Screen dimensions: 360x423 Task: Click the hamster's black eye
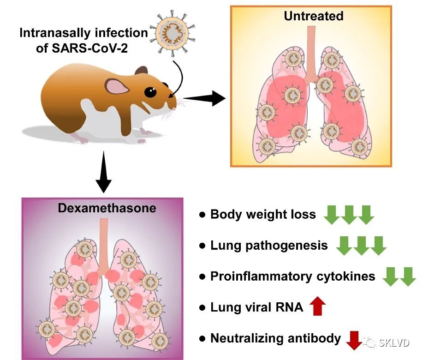[150, 92]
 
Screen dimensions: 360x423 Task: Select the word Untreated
[313, 16]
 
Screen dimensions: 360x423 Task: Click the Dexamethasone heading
[107, 208]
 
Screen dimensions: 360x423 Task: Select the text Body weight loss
[263, 214]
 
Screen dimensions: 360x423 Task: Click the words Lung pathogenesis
[269, 245]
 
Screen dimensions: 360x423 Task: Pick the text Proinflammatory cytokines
[293, 276]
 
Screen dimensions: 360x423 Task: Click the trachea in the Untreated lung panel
[312, 51]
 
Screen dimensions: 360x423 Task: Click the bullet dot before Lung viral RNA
[202, 307]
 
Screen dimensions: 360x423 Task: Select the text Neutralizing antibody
[275, 338]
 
